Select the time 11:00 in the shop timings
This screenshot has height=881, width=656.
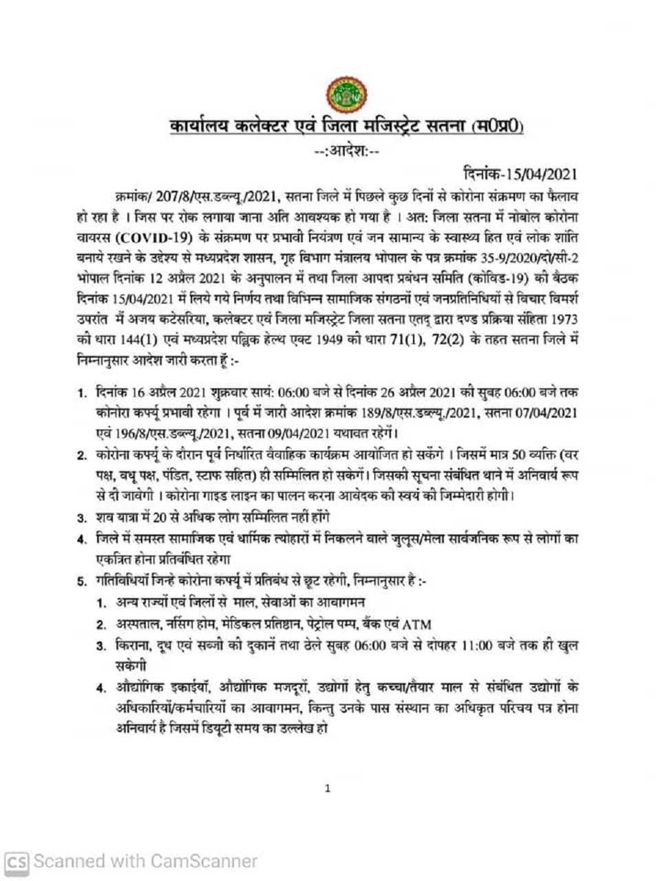(x=471, y=646)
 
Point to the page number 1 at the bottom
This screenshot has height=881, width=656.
(x=328, y=788)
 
